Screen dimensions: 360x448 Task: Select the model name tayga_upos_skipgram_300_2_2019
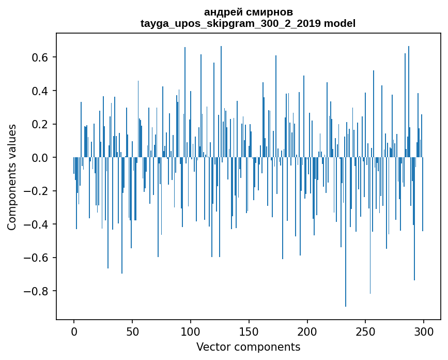click(230, 23)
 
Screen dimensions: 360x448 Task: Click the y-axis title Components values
click(12, 177)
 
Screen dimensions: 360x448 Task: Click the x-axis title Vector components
click(248, 347)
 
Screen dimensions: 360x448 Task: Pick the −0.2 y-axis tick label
click(38, 191)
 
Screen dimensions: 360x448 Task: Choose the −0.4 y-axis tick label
click(38, 224)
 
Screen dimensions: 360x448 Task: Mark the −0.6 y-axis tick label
click(38, 258)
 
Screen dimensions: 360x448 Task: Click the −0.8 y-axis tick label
click(38, 291)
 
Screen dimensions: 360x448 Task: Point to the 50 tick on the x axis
click(132, 331)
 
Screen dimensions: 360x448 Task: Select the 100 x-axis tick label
click(191, 331)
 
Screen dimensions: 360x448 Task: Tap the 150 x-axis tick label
click(249, 331)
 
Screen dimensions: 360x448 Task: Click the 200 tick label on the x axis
click(307, 331)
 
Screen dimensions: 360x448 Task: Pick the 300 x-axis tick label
click(424, 331)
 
